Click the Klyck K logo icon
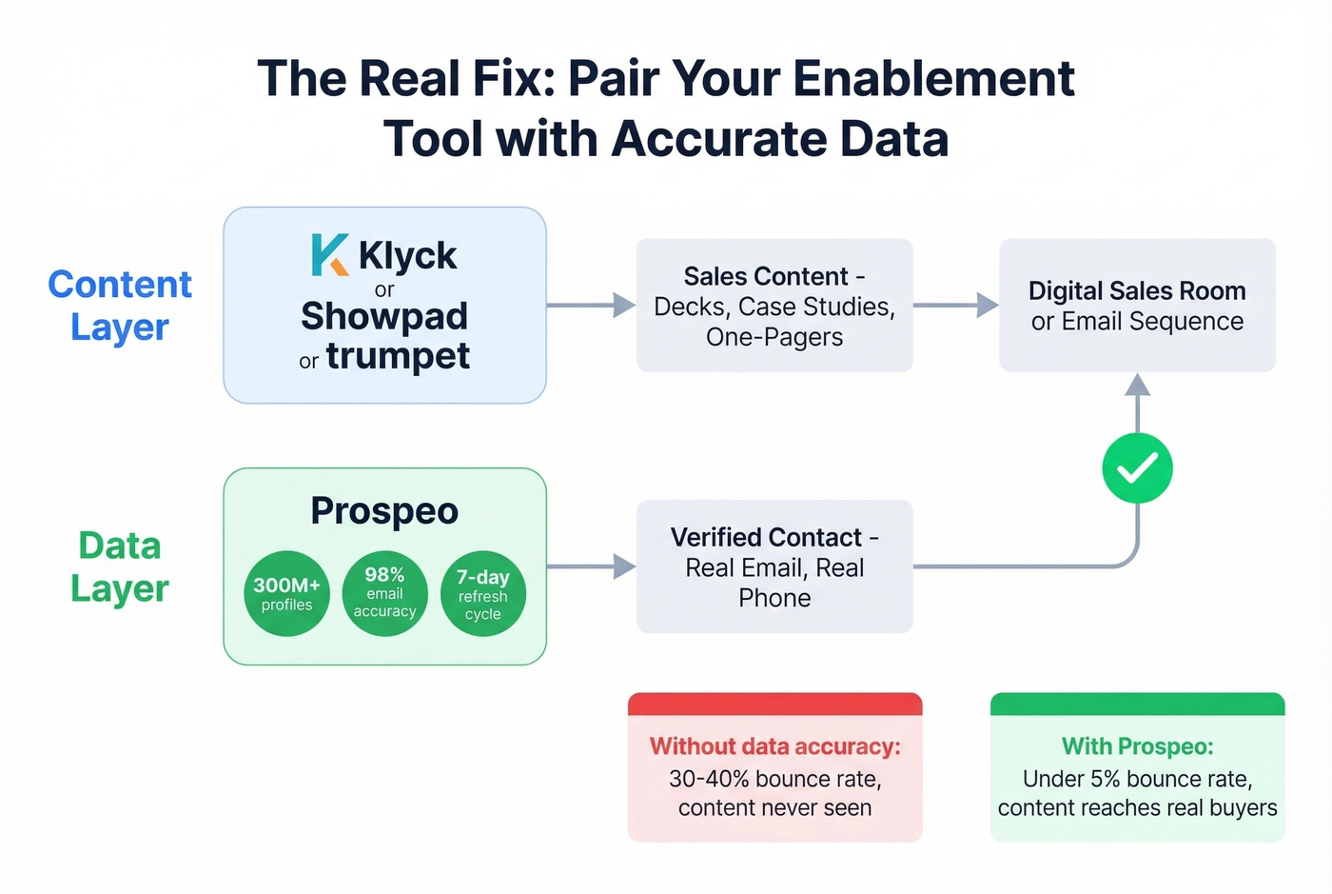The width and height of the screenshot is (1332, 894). (329, 255)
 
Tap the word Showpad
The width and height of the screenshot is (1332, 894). (384, 316)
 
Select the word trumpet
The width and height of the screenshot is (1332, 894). (398, 356)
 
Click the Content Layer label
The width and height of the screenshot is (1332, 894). (120, 305)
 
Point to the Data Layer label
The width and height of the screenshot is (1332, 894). (120, 566)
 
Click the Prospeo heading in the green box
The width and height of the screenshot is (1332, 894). (384, 511)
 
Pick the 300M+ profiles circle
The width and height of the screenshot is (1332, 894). (286, 593)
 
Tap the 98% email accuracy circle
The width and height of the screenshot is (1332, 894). (384, 593)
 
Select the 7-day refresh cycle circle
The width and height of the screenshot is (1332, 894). (483, 593)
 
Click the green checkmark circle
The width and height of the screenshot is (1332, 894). (1137, 467)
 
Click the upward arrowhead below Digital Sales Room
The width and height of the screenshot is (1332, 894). (1137, 385)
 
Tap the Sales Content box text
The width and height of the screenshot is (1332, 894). (774, 306)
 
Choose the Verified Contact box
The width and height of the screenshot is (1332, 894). (774, 566)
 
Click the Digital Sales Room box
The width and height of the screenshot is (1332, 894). (1137, 306)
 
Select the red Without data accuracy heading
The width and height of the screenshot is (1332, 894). (774, 746)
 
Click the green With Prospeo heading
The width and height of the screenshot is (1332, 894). (1137, 746)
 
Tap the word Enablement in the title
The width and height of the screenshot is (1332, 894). (933, 79)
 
